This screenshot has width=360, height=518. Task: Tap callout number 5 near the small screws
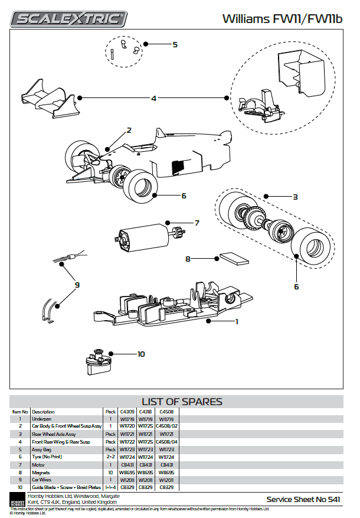coord(175,44)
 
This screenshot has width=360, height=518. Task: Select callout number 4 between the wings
coord(153,99)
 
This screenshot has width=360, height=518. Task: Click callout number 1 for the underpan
coord(237,322)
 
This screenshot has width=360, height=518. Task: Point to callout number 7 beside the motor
coord(197,223)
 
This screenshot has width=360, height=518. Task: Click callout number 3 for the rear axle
coord(295,197)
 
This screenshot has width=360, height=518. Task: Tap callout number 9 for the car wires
coord(77,285)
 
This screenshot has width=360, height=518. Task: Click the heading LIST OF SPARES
coord(182,402)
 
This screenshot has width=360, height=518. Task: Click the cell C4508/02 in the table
coord(166,426)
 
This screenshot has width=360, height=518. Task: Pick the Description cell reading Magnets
coord(41,472)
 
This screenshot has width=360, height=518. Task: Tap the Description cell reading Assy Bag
coord(41,449)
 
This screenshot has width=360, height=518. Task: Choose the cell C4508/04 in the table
coord(166,441)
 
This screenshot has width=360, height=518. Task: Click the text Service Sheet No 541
coord(303,499)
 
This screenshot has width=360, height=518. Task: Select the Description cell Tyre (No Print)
coord(48,457)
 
